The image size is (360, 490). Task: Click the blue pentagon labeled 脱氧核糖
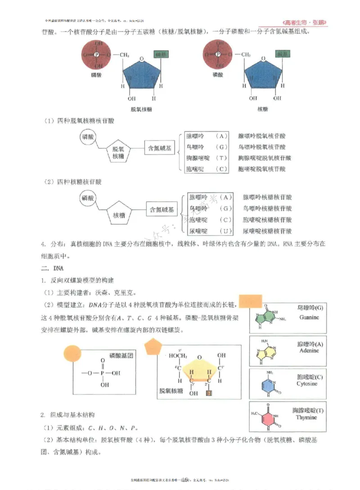click(141, 77)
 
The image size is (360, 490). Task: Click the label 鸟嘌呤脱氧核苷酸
click(261, 147)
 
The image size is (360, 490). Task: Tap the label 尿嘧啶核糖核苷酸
click(267, 231)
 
